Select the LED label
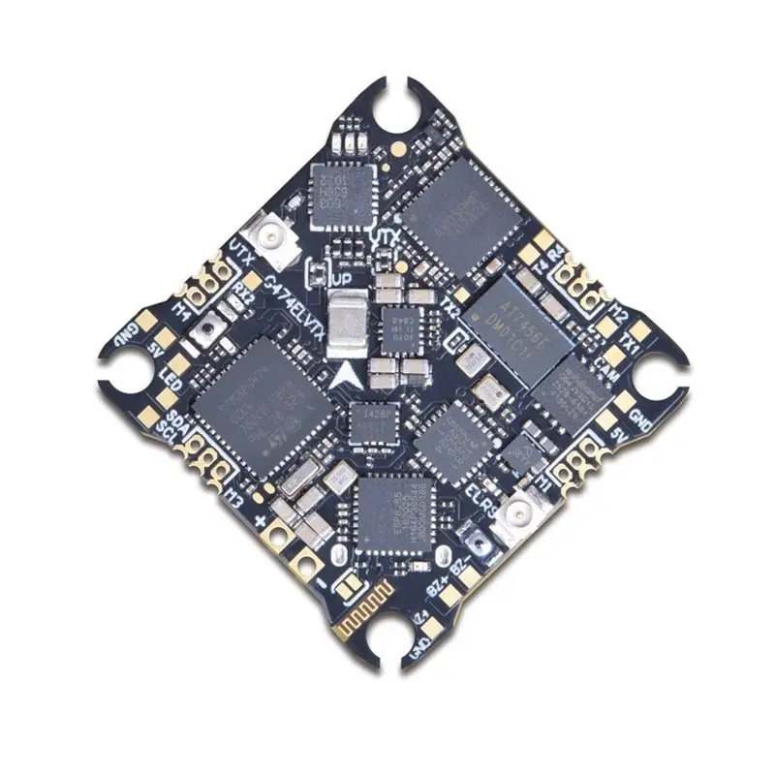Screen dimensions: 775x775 click(172, 373)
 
